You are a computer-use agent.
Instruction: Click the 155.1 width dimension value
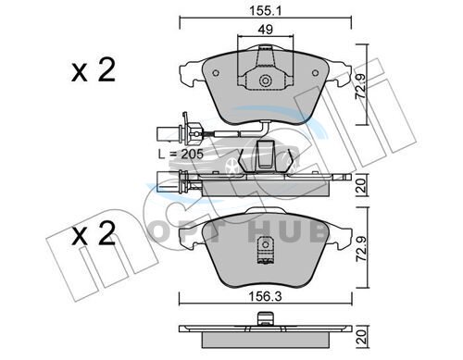[266, 11]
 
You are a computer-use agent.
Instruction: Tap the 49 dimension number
[266, 30]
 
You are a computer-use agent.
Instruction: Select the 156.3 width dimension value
[266, 297]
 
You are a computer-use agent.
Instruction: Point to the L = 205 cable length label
[181, 154]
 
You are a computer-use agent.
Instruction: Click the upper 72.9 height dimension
[360, 86]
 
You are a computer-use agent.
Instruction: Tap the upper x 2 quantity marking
[94, 70]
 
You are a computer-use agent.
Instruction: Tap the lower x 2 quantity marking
[94, 233]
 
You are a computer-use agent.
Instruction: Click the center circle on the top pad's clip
[265, 81]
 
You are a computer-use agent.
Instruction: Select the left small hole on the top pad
[216, 73]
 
